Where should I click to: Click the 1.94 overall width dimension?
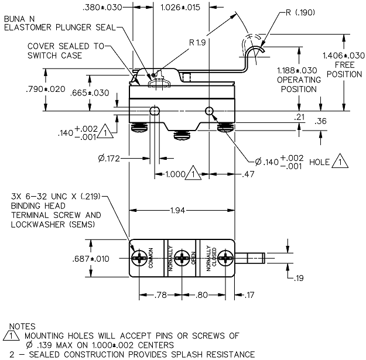pos(177,211)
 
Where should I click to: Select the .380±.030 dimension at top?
pos(102,8)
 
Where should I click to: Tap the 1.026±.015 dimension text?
pos(180,8)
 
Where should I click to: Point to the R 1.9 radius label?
pos(197,43)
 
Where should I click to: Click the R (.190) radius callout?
pos(300,12)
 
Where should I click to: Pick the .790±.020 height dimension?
pos(46,89)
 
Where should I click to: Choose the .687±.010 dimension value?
pos(91,259)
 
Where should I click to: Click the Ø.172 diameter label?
pos(109,159)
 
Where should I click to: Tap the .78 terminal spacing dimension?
pos(160,295)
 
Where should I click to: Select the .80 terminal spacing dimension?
pos(201,295)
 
